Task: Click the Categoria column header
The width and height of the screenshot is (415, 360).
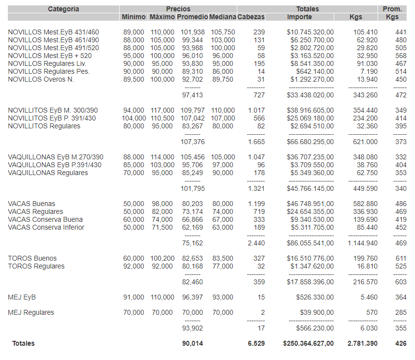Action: coord(64,9)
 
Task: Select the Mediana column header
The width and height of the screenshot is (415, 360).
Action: coord(222,17)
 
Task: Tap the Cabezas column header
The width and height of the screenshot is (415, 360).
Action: coord(251,17)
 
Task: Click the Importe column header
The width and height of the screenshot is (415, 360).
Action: coord(299,17)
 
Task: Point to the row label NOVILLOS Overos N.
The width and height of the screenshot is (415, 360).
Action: coord(41,79)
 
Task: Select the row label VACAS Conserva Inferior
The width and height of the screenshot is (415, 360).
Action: coord(46,227)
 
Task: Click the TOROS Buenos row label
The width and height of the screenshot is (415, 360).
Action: coord(32,258)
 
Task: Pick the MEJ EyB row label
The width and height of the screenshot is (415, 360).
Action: coord(22,297)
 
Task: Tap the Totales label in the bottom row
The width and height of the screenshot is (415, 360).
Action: coord(24,343)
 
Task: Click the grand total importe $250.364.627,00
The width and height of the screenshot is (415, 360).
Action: coord(308,343)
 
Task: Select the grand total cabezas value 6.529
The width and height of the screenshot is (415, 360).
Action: coord(256,343)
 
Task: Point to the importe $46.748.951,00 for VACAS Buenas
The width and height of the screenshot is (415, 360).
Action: coord(310,204)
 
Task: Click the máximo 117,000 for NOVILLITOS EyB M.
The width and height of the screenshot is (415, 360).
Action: coord(162,110)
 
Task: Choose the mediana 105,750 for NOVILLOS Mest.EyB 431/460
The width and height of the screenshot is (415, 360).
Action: coord(222,32)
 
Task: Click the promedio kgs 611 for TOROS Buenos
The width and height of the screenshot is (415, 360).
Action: coord(401,258)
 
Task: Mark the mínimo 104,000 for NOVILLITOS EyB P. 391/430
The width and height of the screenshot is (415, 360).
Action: coord(134,118)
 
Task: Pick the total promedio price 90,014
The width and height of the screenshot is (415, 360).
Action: coord(192,343)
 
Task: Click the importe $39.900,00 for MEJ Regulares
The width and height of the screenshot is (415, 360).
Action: coord(317,312)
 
